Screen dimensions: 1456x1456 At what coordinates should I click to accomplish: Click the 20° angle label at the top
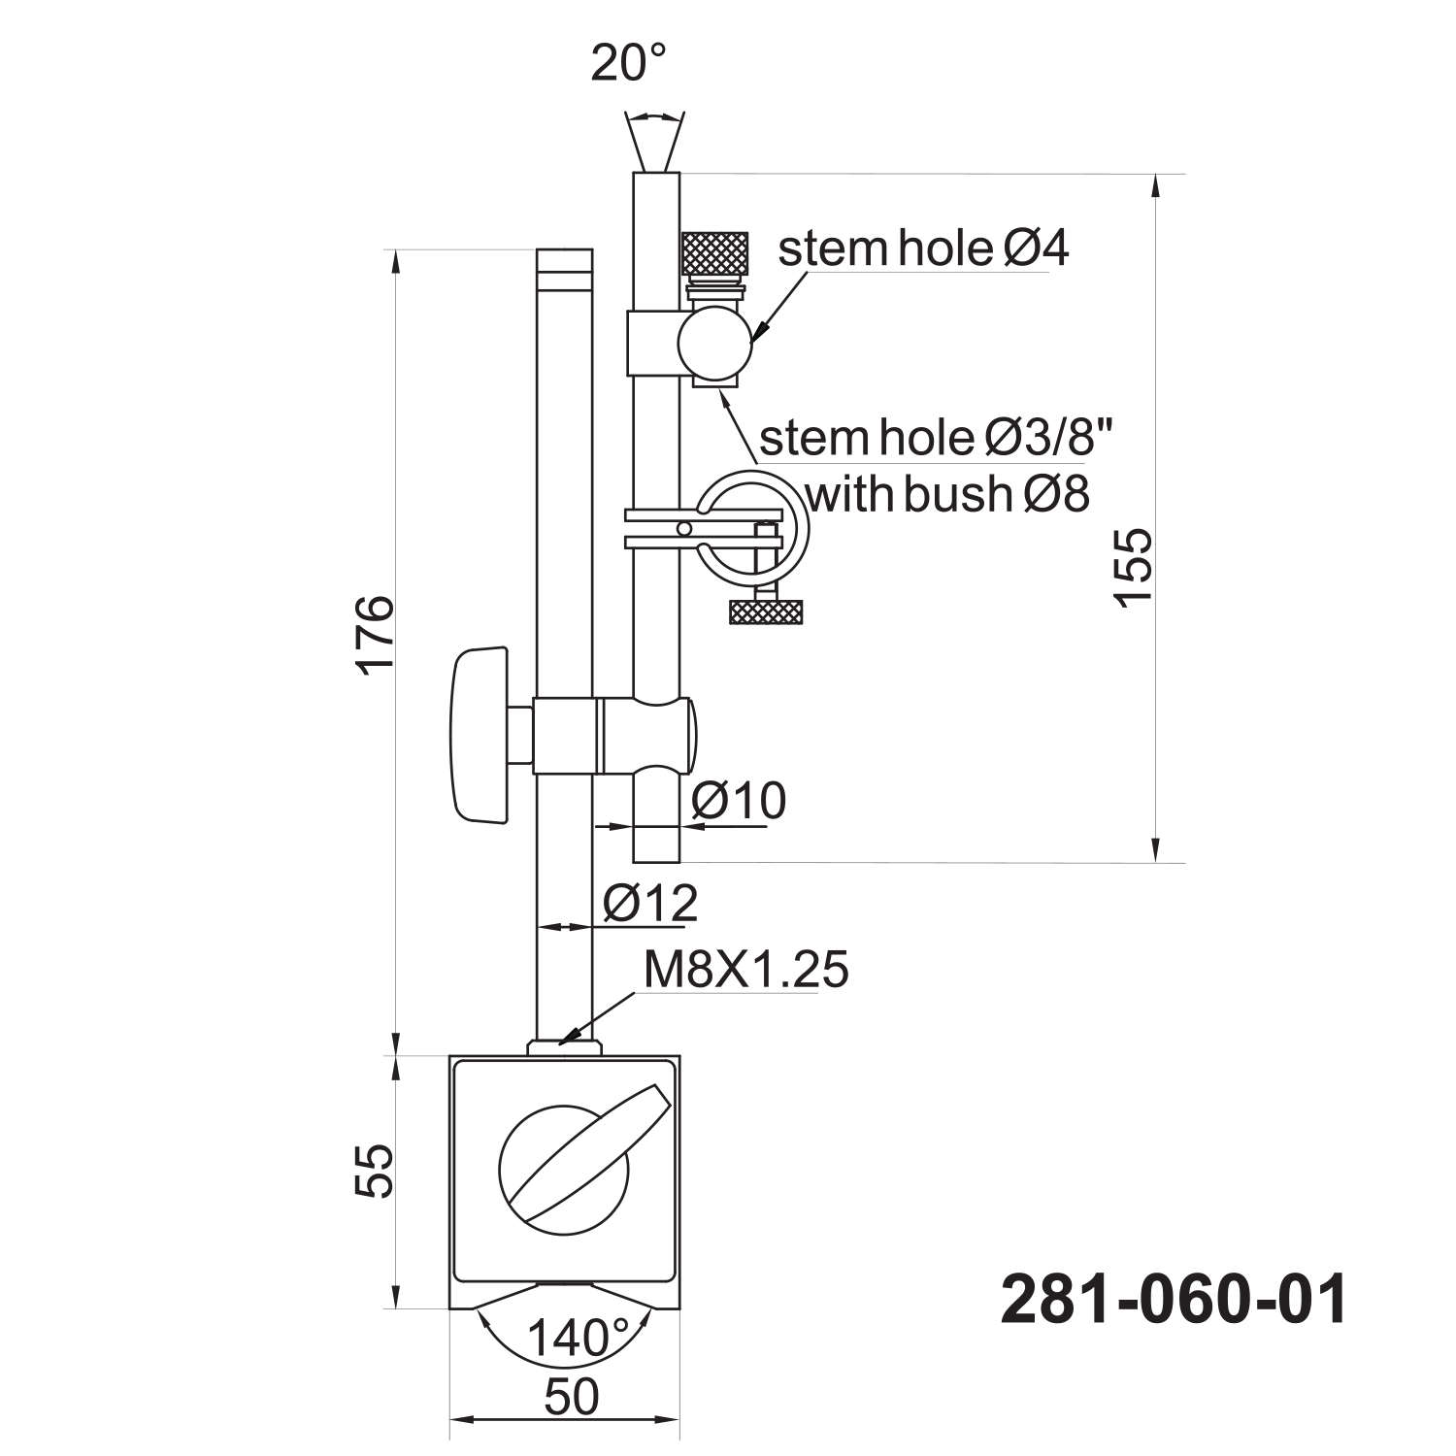click(x=630, y=63)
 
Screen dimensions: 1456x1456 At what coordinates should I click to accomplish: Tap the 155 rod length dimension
click(x=1134, y=567)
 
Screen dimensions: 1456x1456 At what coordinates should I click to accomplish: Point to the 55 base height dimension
click(x=374, y=1171)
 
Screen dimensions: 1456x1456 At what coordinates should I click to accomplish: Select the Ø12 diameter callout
click(x=649, y=904)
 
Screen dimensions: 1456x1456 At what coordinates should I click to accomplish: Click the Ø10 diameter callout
click(x=739, y=802)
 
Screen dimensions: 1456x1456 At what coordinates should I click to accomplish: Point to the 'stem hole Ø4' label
click(x=923, y=249)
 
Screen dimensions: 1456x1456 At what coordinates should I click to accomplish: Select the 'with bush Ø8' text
click(x=947, y=494)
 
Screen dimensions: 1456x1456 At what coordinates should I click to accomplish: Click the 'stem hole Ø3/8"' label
click(x=933, y=438)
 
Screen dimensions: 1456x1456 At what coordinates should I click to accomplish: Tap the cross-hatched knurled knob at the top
click(x=715, y=254)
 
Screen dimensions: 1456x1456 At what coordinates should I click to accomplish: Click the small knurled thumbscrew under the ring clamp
click(x=766, y=612)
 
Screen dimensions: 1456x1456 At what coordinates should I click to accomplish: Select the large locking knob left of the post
click(x=480, y=735)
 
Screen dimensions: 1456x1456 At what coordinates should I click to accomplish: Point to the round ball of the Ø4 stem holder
click(x=715, y=341)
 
